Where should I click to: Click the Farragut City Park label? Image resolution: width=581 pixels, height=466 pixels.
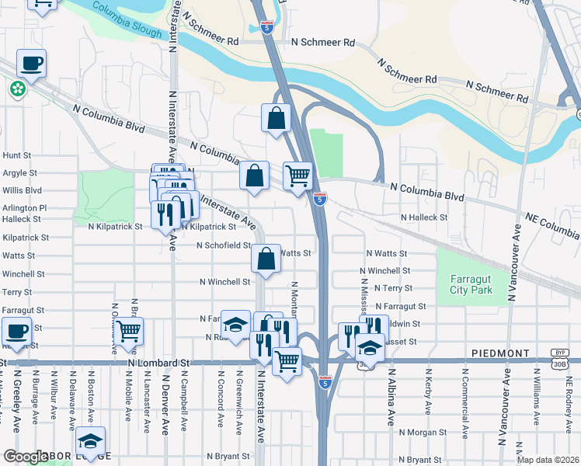pos(471,284)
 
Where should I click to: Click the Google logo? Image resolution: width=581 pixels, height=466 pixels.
pos(25,457)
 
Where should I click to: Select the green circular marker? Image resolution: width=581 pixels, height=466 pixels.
pos(17,90)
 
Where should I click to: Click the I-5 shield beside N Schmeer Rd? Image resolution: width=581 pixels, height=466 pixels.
pos(266,27)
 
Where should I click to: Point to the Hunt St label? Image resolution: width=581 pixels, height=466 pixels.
pos(16,155)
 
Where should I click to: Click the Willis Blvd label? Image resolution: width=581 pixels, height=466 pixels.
pos(21,190)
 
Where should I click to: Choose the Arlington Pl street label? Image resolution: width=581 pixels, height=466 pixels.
pos(24,208)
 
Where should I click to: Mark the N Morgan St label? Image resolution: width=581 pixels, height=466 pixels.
pos(423,432)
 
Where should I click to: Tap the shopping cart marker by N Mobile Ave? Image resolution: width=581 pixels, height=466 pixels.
pos(128,332)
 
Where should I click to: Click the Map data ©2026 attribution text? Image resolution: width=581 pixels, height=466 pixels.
pos(548,460)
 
